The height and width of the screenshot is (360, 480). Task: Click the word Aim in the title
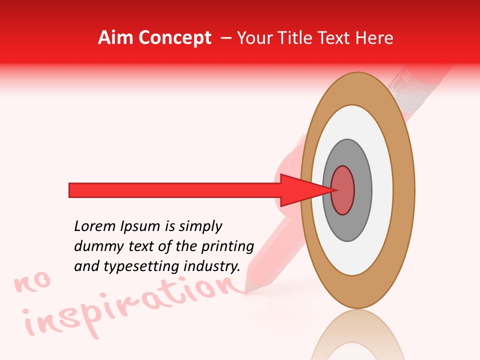point(115,38)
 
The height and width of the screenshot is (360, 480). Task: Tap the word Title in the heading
point(297,38)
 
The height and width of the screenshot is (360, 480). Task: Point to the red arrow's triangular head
point(300,190)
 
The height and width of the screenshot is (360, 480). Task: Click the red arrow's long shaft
point(175,190)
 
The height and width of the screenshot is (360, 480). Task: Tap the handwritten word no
point(33,283)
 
